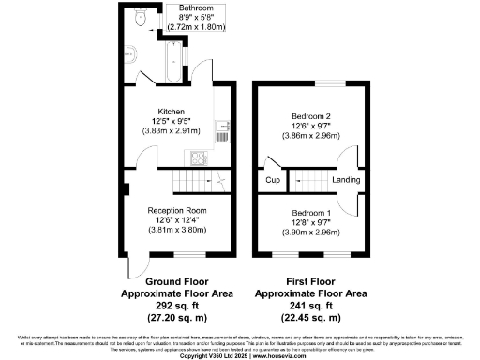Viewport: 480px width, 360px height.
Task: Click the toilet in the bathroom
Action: click(139, 18)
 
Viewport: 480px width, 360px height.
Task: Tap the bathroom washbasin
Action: click(131, 52)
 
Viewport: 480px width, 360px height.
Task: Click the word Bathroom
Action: click(170, 7)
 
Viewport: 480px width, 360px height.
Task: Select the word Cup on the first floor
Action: click(273, 179)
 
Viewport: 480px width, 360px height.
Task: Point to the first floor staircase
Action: click(307, 178)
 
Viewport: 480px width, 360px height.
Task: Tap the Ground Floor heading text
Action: click(176, 280)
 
